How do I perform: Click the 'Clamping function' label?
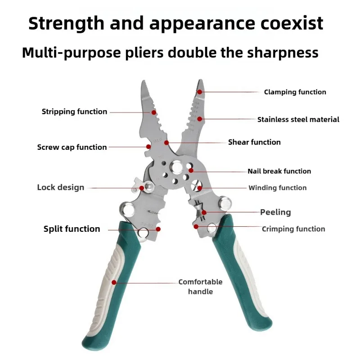(295, 92)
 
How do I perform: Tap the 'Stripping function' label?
(74, 112)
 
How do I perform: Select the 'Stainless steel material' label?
(298, 120)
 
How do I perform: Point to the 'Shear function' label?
(254, 142)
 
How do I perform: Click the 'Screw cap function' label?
(72, 147)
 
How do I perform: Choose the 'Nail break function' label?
(279, 171)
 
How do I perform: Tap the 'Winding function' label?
(277, 188)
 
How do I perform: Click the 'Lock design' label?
(60, 187)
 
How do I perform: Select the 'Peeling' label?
(275, 212)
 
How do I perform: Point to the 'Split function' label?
(72, 229)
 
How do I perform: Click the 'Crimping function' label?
(293, 229)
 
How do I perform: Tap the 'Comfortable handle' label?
(200, 287)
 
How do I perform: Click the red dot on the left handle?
(114, 283)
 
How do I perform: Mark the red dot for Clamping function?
(199, 92)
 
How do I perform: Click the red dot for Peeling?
(204, 212)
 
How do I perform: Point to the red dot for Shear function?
(166, 143)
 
